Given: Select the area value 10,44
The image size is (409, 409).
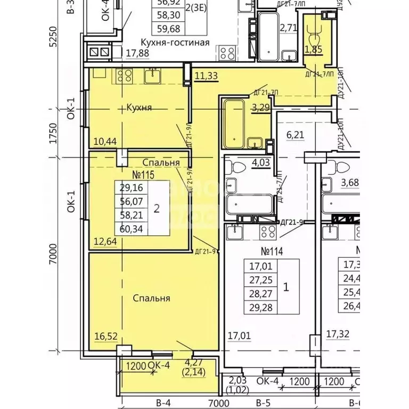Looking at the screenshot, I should (105, 141).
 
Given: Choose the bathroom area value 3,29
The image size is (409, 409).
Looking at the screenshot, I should (261, 108).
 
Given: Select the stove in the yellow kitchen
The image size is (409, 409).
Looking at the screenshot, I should (124, 76).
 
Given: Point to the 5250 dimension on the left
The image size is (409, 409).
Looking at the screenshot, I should (52, 37).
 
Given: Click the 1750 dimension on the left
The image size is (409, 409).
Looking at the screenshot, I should (52, 133).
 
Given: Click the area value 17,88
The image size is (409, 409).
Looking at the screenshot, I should (138, 53).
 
